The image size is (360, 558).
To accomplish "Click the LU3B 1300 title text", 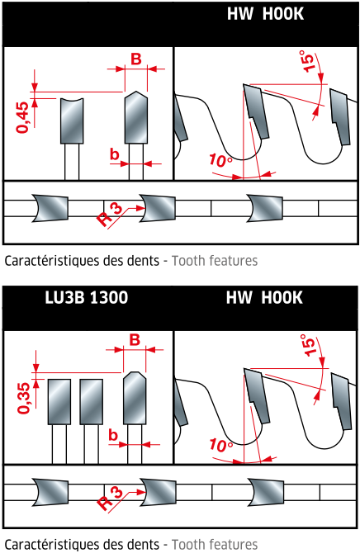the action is tap(86, 297).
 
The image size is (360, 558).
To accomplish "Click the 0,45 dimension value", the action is tap(23, 117).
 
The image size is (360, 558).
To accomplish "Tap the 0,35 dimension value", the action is tap(24, 398).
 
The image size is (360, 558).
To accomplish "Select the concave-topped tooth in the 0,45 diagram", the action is tap(72, 121).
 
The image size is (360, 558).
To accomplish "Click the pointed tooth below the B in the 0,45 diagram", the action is tap(136, 117).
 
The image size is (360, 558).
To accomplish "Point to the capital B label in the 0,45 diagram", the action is tap(136, 59).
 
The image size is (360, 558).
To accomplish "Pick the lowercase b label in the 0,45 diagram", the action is tap(114, 154).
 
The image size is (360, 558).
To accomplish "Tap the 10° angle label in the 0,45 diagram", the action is tap(220, 160).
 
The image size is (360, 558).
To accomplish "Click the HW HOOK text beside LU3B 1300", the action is tap(264, 297).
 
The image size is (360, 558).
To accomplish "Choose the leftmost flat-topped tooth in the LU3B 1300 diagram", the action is tap(59, 401).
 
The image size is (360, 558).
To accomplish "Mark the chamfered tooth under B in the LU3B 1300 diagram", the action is tap(135, 398).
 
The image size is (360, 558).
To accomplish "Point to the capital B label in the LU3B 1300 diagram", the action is tap(135, 340).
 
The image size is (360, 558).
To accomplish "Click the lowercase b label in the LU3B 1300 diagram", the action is tap(113, 435).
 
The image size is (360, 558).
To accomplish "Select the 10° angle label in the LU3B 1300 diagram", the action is tap(220, 445).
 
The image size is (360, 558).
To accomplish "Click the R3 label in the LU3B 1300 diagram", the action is tap(110, 499).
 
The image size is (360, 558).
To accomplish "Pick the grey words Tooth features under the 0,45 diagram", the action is tap(215, 261).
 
